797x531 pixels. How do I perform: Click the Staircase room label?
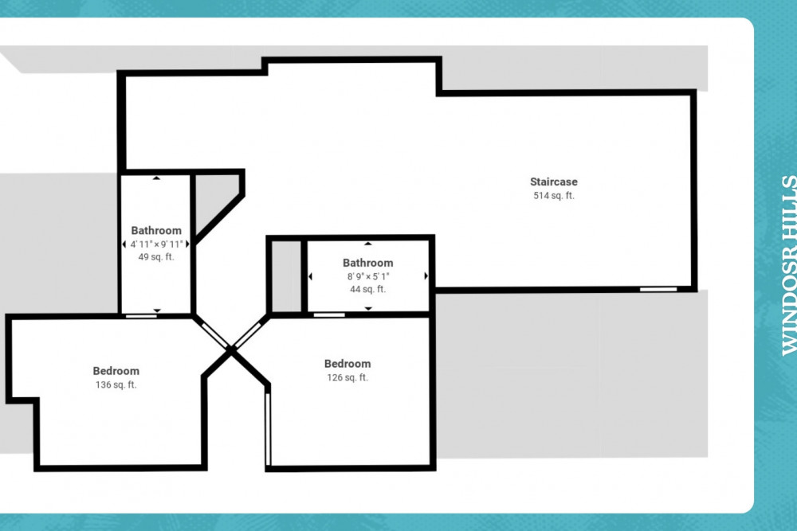coord(554,182)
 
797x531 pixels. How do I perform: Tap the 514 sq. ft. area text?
coord(554,196)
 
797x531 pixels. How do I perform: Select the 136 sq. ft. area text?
coord(116,385)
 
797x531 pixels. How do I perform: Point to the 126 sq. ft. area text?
coord(347,377)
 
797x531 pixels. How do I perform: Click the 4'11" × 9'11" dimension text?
coord(156,244)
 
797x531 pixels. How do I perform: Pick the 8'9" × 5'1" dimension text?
coord(368,277)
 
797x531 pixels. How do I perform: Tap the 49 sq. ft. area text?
coord(156,257)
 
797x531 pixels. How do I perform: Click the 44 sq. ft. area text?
coord(367,289)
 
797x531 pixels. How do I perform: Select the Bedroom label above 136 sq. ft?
coord(116,371)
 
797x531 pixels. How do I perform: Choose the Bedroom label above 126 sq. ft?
coord(347,364)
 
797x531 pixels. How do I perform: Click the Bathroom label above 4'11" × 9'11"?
coord(156,231)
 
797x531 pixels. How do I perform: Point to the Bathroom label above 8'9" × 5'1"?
coord(367,263)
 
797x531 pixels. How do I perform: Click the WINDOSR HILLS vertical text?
coord(789,266)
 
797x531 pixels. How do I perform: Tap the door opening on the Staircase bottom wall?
coord(658,289)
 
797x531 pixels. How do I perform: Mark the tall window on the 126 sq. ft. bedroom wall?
coord(268,429)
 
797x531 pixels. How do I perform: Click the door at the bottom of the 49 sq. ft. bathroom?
coord(141,316)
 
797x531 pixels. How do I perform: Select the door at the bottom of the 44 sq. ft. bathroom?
coord(329,315)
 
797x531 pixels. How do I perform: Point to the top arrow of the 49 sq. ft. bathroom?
coord(156,178)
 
